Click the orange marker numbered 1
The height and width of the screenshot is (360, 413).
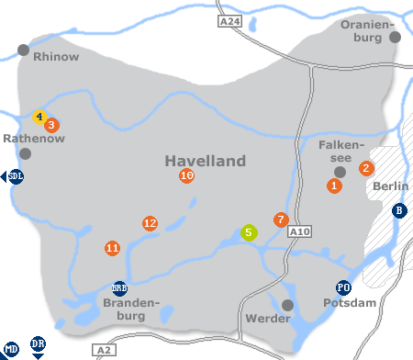[x=334, y=186]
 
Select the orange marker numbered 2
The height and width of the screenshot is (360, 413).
[x=366, y=168]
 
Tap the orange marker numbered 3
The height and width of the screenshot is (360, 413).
[x=51, y=125]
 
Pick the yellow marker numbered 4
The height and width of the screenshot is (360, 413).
[x=39, y=117]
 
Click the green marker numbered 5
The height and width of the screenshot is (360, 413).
[x=248, y=233]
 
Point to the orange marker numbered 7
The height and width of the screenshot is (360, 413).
[x=281, y=219]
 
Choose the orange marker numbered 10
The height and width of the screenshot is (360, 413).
[x=187, y=175]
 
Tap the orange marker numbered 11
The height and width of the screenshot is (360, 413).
[x=112, y=248]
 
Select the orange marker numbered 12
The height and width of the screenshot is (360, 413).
[x=150, y=223]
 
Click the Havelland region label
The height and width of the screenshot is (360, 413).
[x=206, y=161]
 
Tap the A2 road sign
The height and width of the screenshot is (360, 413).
[x=105, y=350]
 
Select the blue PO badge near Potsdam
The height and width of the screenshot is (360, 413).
[x=343, y=287]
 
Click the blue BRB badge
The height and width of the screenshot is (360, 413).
[x=119, y=288]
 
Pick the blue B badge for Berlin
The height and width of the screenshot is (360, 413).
[x=398, y=210]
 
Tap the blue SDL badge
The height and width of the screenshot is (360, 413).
[x=16, y=176]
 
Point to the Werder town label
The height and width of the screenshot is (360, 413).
[x=267, y=319]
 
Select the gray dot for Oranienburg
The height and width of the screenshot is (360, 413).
[x=396, y=38]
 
